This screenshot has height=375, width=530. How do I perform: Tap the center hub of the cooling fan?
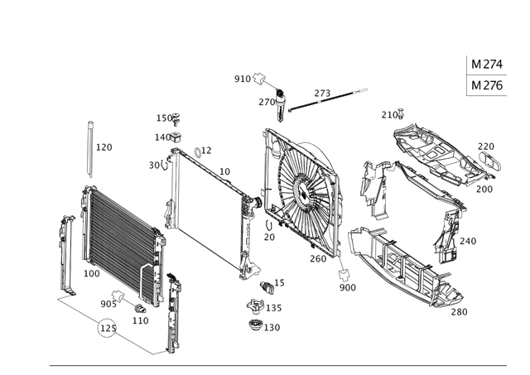coord(304,197)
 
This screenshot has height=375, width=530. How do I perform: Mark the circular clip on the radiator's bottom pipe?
coord(106,330)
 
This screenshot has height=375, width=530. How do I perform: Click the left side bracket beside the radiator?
coord(69,252)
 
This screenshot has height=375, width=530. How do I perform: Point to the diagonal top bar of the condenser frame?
coord(207,166)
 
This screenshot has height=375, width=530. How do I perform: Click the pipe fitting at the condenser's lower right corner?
coord(246,267)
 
